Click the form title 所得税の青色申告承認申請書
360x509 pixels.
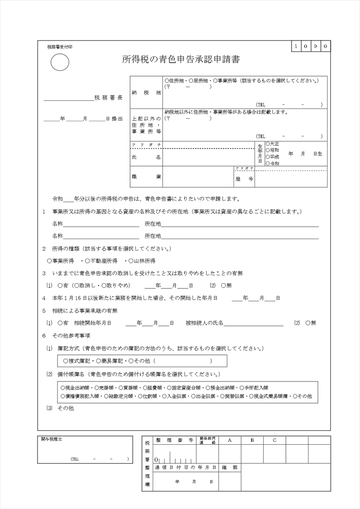click(x=181, y=60)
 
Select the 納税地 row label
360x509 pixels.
click(x=147, y=93)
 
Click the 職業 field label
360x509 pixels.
click(x=147, y=177)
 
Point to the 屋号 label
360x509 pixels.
click(x=244, y=179)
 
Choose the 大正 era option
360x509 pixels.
click(x=272, y=143)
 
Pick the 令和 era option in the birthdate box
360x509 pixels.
click(x=272, y=163)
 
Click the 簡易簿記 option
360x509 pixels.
click(x=109, y=361)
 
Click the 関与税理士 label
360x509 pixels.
click(x=51, y=440)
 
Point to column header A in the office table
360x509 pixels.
click(x=229, y=440)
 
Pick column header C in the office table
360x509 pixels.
click(x=275, y=440)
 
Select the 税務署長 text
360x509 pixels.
click(x=109, y=97)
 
